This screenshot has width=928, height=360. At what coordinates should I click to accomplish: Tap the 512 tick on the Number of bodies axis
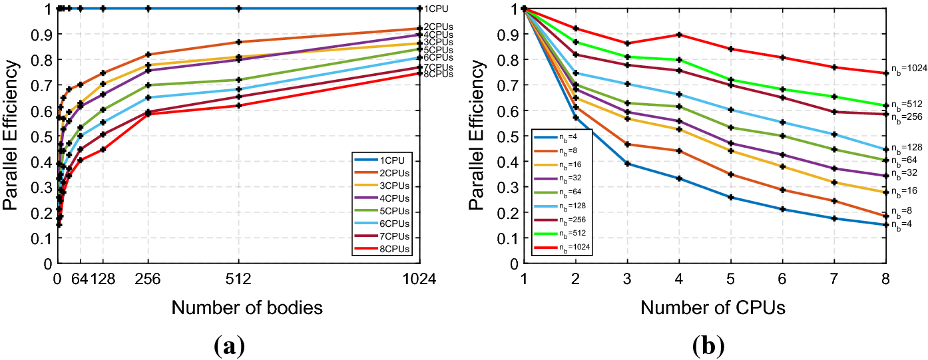[238, 280]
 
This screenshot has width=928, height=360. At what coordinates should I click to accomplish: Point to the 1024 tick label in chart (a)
[419, 280]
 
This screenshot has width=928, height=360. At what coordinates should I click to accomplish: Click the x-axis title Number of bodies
[247, 308]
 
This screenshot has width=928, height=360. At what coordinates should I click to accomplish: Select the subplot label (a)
[230, 346]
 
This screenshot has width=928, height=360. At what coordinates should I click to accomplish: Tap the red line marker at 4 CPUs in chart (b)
[679, 35]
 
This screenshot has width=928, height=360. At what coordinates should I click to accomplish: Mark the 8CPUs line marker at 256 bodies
[148, 114]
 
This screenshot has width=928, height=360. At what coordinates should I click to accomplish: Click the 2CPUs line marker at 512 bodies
[238, 42]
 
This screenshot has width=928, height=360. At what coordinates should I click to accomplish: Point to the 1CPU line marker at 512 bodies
[238, 9]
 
